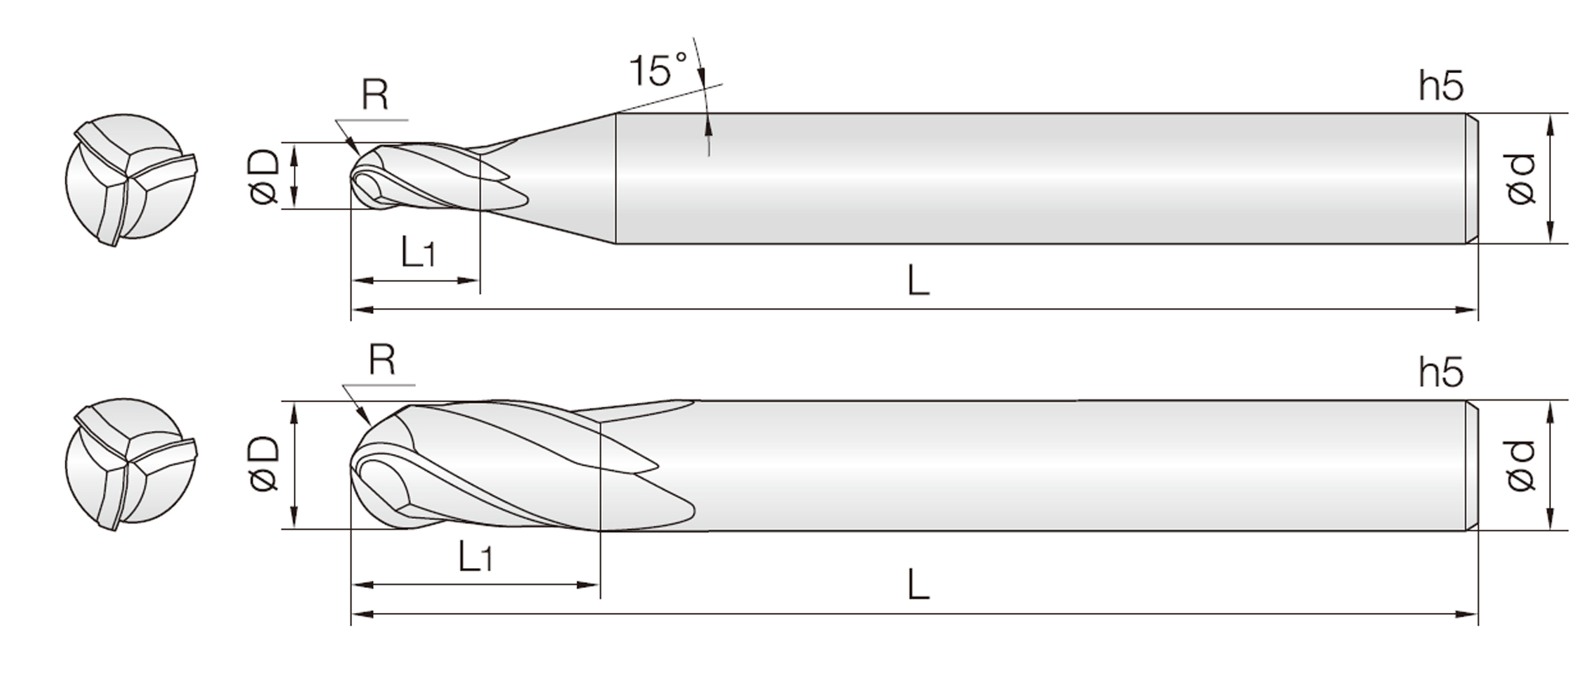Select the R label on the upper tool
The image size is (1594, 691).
coord(374,96)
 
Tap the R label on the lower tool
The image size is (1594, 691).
coord(381,360)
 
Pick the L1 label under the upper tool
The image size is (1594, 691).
coord(418,252)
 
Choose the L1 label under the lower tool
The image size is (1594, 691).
coord(475,556)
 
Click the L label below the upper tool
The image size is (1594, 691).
coord(917,282)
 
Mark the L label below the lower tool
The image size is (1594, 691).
coord(917,585)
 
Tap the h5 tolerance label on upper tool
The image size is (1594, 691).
coord(1441,86)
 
